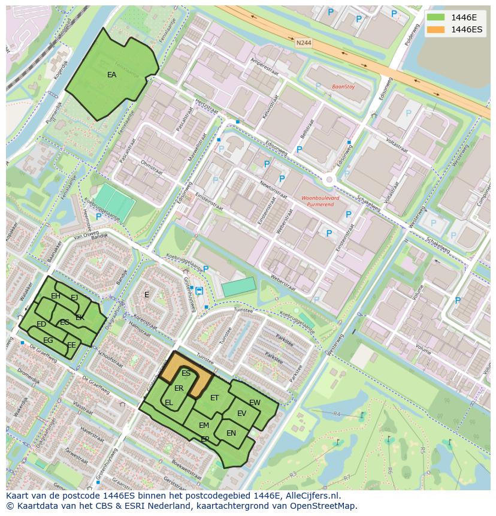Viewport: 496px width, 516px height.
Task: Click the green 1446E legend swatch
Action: point(436,17)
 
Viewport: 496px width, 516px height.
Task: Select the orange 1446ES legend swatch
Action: point(436,29)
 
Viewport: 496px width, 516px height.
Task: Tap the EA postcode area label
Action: point(112,75)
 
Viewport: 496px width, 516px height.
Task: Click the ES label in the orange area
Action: point(186,373)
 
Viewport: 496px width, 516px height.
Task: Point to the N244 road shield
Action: point(304,43)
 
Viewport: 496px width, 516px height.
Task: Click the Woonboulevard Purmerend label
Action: point(320,201)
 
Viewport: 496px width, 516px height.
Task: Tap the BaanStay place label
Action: point(343,87)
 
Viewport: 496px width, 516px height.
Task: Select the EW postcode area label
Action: point(255,403)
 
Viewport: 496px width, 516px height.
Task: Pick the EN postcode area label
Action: point(231,433)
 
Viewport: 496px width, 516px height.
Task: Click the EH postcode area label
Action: point(56,296)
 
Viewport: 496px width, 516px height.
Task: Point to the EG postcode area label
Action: point(48,340)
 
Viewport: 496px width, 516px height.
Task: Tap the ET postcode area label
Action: point(214,397)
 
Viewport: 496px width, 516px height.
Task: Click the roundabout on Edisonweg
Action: point(329,179)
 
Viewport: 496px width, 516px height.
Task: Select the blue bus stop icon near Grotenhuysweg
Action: point(199,291)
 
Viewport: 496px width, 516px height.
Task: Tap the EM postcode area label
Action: point(204,426)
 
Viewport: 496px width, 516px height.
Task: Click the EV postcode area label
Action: point(241,414)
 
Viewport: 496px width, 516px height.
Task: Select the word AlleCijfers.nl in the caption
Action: point(311,496)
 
